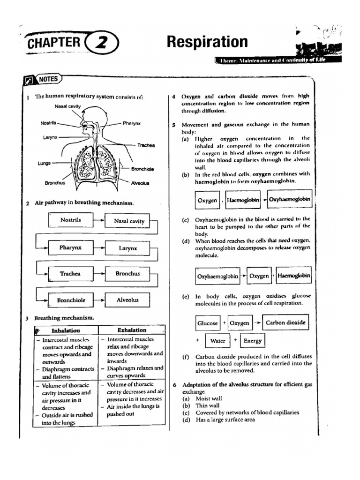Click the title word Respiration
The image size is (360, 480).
(x=207, y=42)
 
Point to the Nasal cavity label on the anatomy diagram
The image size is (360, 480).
(x=67, y=106)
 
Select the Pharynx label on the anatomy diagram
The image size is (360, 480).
(x=132, y=123)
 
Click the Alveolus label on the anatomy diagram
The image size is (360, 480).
(x=140, y=183)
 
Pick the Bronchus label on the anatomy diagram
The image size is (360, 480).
(x=55, y=183)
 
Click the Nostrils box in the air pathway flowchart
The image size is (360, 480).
(x=70, y=220)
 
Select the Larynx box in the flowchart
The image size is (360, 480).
(x=127, y=248)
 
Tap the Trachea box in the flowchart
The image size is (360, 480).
(x=70, y=274)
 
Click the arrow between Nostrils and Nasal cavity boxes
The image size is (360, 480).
(x=99, y=220)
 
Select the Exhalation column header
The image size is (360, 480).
(x=132, y=330)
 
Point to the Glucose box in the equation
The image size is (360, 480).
(x=207, y=323)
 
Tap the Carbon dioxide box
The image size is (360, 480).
(x=285, y=322)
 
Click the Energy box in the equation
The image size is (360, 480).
(x=252, y=341)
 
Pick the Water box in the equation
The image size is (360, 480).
(x=217, y=341)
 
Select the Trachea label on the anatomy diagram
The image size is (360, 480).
(x=146, y=145)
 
